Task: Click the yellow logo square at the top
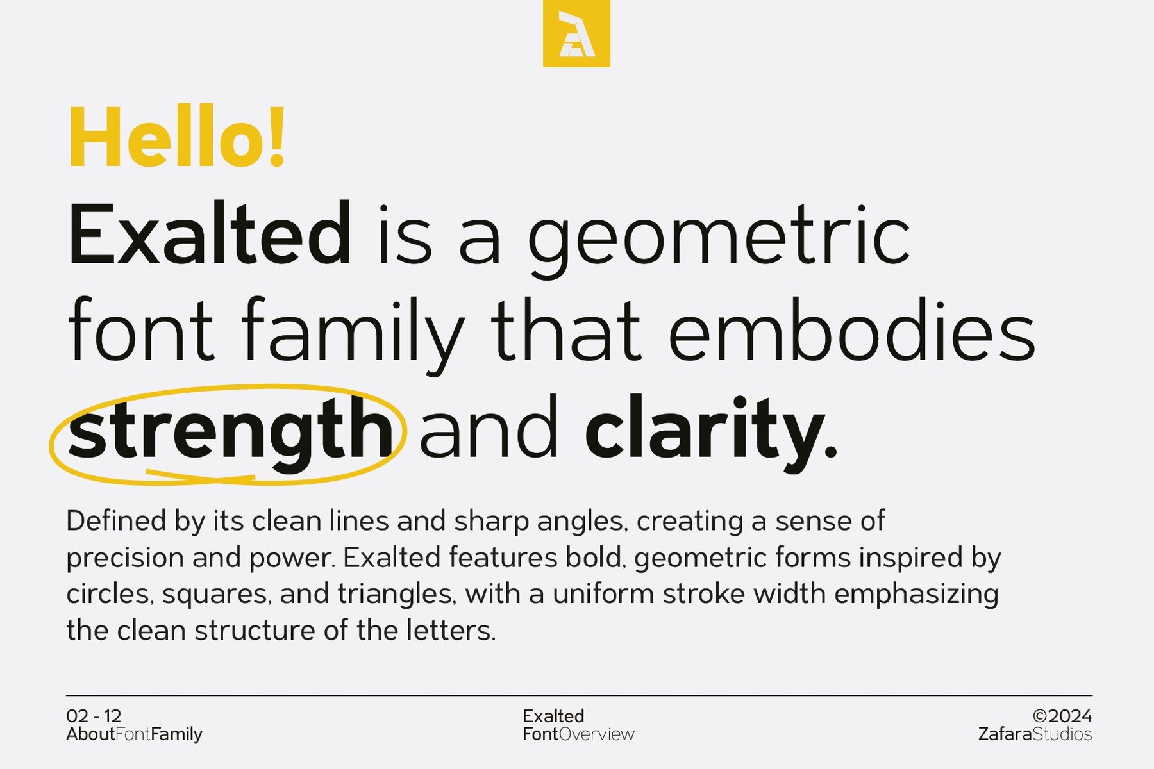click(x=576, y=33)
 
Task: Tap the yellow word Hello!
click(x=177, y=138)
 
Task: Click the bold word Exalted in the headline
click(x=210, y=233)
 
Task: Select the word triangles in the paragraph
click(x=396, y=594)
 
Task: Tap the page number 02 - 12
click(x=94, y=716)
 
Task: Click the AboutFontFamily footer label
click(x=134, y=734)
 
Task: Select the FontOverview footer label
click(x=578, y=734)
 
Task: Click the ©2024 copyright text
click(x=1062, y=716)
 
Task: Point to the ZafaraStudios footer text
click(x=1035, y=734)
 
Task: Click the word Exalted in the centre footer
click(x=553, y=716)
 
